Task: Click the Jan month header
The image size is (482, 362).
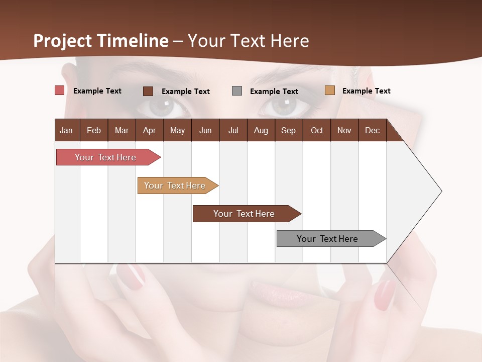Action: point(67,130)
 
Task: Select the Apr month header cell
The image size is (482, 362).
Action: point(150,130)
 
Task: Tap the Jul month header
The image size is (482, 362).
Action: point(233,130)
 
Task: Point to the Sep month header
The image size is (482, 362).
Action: point(289,130)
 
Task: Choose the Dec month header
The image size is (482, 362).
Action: point(372,130)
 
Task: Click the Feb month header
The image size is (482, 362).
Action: point(94,130)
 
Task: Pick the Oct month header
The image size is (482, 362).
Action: point(317,130)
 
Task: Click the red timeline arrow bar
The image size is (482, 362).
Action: point(105,157)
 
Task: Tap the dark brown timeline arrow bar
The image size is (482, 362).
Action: point(245,214)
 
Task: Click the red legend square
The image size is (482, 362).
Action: point(59,90)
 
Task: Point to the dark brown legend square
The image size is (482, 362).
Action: point(148,91)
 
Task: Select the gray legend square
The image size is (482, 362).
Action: point(237,90)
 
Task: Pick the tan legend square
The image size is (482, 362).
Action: point(330,90)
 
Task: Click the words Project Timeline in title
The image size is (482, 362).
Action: point(101,41)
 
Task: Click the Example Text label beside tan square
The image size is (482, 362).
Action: point(367,91)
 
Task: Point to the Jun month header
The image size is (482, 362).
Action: point(205,130)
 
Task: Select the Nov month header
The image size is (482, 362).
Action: point(344,130)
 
